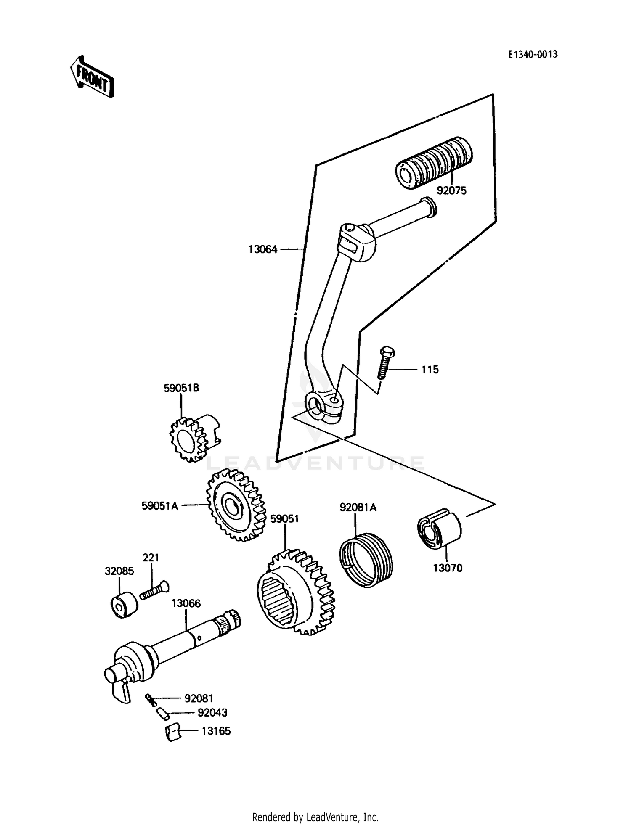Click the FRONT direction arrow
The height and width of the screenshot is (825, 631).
pyautogui.click(x=92, y=77)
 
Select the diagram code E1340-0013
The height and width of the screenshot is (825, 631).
pyautogui.click(x=533, y=54)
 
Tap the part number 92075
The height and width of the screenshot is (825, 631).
pyautogui.click(x=451, y=190)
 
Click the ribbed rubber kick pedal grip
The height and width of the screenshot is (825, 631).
pyautogui.click(x=434, y=162)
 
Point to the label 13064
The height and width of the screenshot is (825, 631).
pyautogui.click(x=263, y=249)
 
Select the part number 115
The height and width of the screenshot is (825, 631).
pyautogui.click(x=430, y=370)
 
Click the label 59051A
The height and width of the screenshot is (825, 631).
pyautogui.click(x=160, y=506)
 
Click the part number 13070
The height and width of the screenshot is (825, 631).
pyautogui.click(x=448, y=568)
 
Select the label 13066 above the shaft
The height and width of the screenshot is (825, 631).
pyautogui.click(x=186, y=603)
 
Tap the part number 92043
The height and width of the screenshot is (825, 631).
pyautogui.click(x=212, y=713)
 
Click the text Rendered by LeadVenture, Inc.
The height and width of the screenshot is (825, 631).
pyautogui.click(x=315, y=817)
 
